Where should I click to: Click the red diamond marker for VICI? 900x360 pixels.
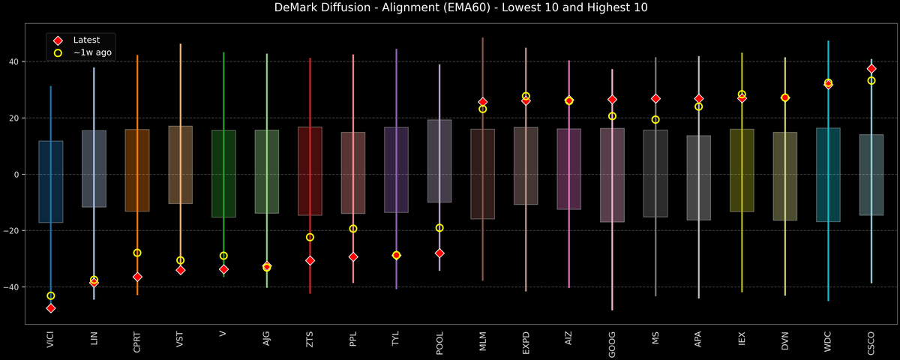pyautogui.click(x=51, y=308)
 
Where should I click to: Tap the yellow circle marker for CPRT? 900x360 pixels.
pyautogui.click(x=137, y=253)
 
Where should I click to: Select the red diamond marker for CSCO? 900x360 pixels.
pyautogui.click(x=871, y=68)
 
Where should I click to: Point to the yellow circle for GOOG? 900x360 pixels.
pyautogui.click(x=612, y=116)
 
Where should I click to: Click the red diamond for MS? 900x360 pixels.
pyautogui.click(x=655, y=99)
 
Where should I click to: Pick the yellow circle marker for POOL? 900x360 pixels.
pyautogui.click(x=439, y=228)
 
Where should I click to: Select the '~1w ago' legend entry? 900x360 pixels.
pyautogui.click(x=92, y=53)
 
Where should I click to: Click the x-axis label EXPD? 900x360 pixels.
pyautogui.click(x=526, y=343)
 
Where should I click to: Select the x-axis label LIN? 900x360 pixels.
pyautogui.click(x=94, y=339)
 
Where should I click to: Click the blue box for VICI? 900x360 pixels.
pyautogui.click(x=51, y=181)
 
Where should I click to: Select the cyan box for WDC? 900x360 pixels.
pyautogui.click(x=828, y=175)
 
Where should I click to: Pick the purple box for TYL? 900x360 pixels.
pyautogui.click(x=396, y=169)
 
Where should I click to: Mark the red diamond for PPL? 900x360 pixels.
pyautogui.click(x=353, y=257)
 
